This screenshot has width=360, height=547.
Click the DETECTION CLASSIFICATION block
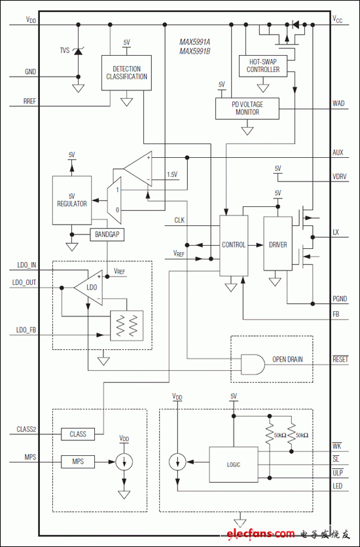126,72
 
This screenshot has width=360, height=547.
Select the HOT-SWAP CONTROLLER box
263,66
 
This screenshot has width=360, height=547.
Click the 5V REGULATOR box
71,200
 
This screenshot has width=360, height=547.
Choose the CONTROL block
234,244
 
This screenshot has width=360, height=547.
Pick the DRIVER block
278,244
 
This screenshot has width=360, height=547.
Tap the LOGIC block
234,464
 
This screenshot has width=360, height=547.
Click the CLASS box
78,434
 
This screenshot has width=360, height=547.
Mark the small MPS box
78,462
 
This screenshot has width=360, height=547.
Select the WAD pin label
338,103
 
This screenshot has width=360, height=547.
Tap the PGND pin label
340,299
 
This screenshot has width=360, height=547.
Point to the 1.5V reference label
172,174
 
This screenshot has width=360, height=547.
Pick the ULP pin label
337,472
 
